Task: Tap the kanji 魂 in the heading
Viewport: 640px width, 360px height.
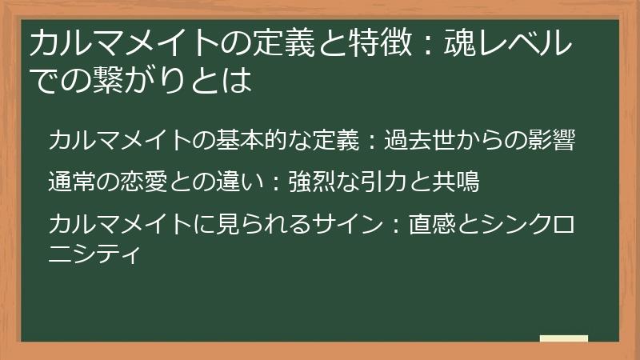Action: pyautogui.click(x=459, y=43)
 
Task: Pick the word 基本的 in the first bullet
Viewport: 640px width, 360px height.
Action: pyautogui.click(x=252, y=140)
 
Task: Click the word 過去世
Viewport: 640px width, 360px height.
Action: pyautogui.click(x=420, y=140)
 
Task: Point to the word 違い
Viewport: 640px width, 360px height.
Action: pyautogui.click(x=240, y=182)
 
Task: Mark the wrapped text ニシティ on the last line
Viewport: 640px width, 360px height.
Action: pyautogui.click(x=94, y=253)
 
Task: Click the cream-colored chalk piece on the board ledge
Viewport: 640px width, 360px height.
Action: pyautogui.click(x=564, y=338)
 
